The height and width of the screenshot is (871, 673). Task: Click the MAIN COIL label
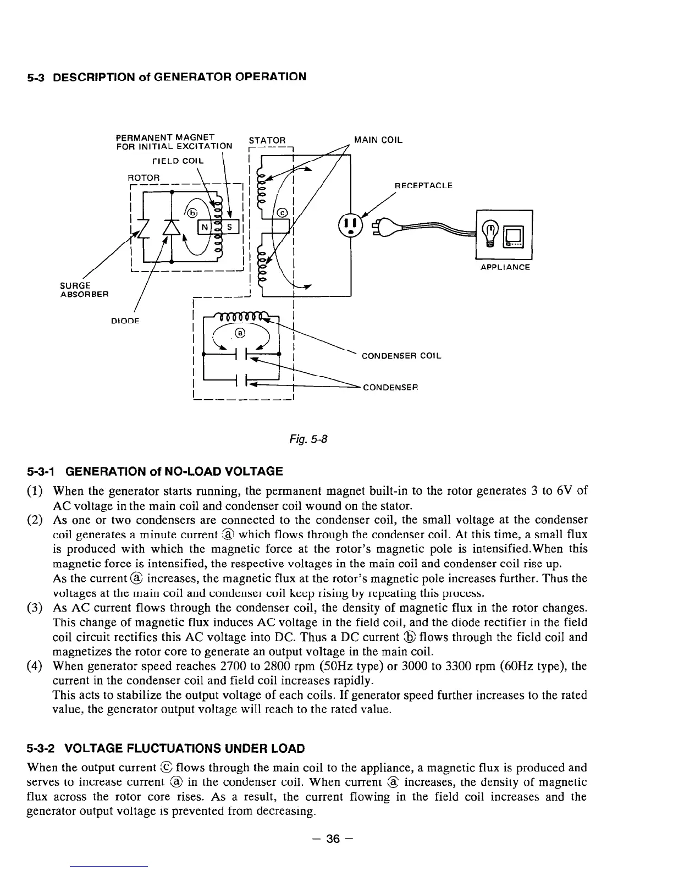click(378, 140)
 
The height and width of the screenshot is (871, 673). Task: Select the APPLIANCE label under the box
click(505, 267)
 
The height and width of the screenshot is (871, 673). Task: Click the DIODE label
click(125, 321)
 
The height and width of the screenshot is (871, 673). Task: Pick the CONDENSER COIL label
click(401, 356)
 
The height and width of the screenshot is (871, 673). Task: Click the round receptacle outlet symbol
click(351, 224)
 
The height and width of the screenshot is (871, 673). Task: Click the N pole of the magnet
click(205, 227)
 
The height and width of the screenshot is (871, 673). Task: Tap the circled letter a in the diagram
click(240, 334)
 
